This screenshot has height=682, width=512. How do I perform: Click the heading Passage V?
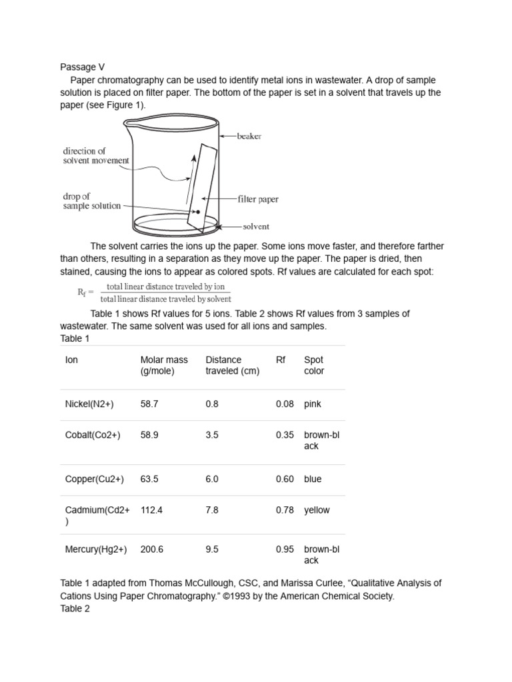[83, 67]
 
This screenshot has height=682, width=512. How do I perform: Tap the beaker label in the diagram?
[249, 137]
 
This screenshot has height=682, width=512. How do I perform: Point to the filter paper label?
[258, 199]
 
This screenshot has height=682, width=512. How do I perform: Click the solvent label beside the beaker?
[256, 226]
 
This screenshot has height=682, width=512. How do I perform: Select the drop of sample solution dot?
[197, 211]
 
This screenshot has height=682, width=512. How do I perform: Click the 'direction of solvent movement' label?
[96, 156]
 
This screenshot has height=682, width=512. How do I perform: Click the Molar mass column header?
[164, 365]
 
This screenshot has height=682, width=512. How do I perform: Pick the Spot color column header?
[314, 365]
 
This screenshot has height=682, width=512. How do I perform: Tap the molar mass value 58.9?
[150, 435]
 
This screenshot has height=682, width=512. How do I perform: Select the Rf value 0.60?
[285, 479]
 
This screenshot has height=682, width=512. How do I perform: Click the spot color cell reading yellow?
[317, 510]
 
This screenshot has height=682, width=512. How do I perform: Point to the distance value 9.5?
[213, 549]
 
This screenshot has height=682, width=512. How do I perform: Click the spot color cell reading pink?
[313, 404]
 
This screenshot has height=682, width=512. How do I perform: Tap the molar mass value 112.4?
[152, 510]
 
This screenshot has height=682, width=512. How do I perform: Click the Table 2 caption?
[75, 608]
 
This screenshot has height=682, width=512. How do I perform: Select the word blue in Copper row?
[313, 479]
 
